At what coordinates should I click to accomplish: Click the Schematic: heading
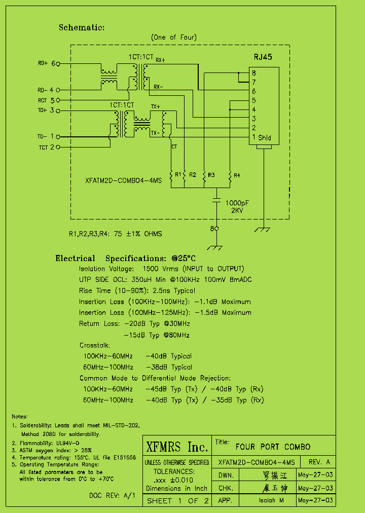[x=82, y=28]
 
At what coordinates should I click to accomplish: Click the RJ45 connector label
[x=263, y=57]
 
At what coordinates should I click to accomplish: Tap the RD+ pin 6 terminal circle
[x=58, y=64]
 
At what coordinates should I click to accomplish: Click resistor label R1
[x=178, y=174]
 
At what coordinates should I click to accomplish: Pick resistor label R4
[x=237, y=175]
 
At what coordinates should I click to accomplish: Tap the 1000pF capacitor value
[x=237, y=202]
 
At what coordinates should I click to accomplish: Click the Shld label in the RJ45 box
[x=264, y=137]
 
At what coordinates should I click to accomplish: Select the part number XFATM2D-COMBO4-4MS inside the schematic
[x=123, y=180]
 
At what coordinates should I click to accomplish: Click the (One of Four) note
[x=174, y=38]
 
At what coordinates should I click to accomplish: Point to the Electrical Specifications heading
[x=125, y=259]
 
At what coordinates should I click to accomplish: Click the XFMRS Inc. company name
[x=177, y=447]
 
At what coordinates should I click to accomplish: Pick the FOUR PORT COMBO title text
[x=273, y=447]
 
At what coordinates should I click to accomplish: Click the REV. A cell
[x=319, y=462]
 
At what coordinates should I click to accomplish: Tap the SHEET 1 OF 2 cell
[x=177, y=501]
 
